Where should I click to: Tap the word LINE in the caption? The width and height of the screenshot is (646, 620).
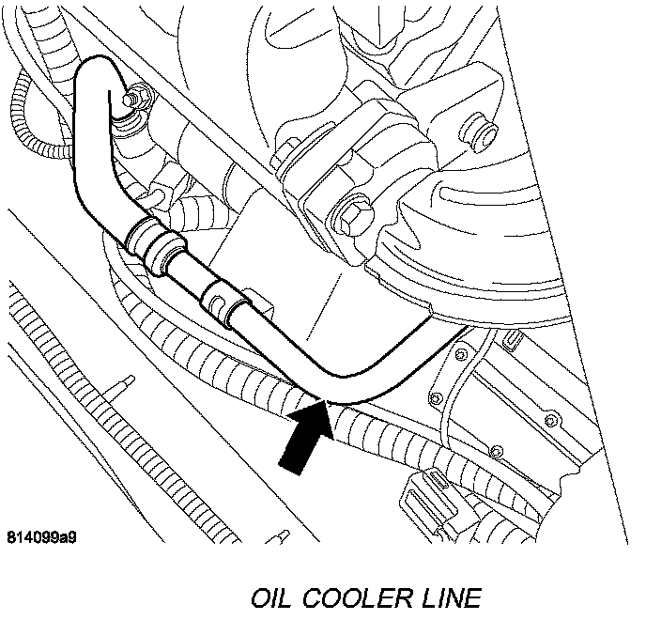click(x=454, y=597)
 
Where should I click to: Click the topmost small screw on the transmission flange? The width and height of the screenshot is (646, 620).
click(x=461, y=354)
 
